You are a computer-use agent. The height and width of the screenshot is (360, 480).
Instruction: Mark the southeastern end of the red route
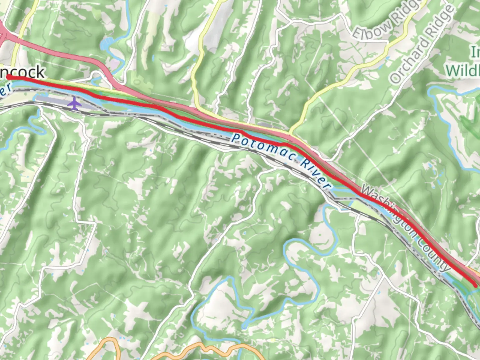click(x=475, y=285)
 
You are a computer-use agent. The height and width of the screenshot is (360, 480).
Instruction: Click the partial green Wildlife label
click(x=463, y=70)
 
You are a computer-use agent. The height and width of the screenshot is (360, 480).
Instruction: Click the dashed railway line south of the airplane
click(x=83, y=112)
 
